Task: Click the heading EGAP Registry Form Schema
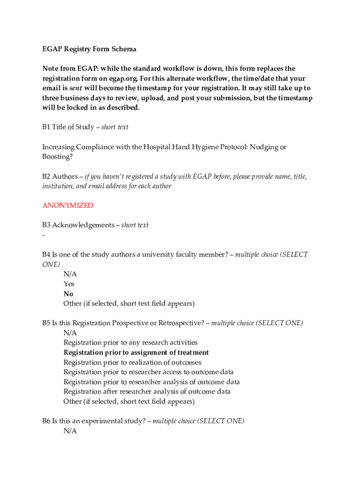click(x=89, y=49)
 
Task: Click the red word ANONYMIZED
click(x=68, y=205)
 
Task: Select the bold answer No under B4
click(x=68, y=294)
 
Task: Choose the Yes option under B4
click(x=69, y=284)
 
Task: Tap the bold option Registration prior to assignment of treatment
click(x=136, y=352)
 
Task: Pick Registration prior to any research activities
click(x=130, y=342)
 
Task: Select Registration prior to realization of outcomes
click(x=132, y=362)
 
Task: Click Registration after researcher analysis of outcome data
click(x=147, y=392)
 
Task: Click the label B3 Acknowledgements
click(x=79, y=225)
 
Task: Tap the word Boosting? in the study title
click(x=58, y=157)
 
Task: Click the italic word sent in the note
click(x=76, y=88)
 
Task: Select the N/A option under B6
click(x=70, y=431)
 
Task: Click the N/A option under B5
click(x=70, y=333)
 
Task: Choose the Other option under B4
click(x=129, y=304)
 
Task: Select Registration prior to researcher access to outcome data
click(x=149, y=372)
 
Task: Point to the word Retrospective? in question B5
click(x=181, y=323)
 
